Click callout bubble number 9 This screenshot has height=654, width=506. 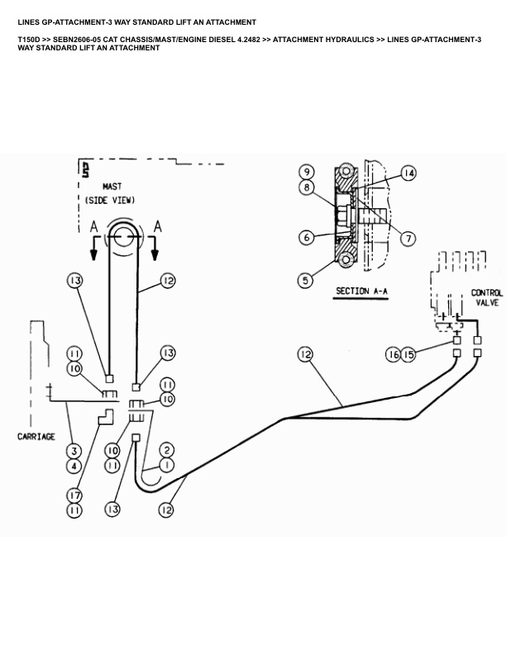click(305, 172)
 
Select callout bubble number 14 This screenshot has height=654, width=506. click(408, 173)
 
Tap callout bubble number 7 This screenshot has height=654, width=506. click(408, 238)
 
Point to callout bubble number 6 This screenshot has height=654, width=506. click(306, 237)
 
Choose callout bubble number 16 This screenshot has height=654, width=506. click(394, 354)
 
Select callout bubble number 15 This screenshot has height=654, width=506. click(408, 354)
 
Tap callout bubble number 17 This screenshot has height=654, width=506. click(74, 495)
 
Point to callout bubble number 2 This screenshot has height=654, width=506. click(167, 450)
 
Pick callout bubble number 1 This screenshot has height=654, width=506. click(167, 465)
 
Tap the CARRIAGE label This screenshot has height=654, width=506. click(36, 436)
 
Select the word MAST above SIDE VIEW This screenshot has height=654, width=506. click(112, 187)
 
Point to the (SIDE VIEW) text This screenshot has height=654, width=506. click(111, 200)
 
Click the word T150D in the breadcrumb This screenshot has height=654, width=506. click(29, 39)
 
